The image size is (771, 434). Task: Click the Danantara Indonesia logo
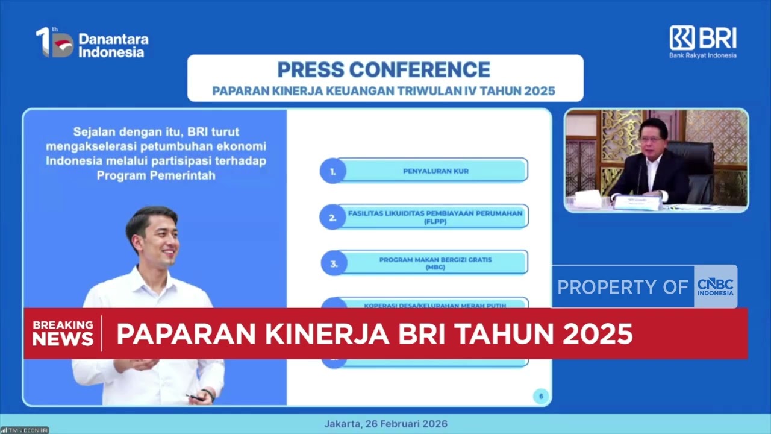click(x=92, y=43)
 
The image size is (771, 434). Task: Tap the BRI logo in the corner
click(x=702, y=41)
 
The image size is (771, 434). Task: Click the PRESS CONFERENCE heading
click(x=384, y=70)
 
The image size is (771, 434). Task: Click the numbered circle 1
click(x=332, y=171)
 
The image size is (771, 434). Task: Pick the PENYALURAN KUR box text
click(x=435, y=171)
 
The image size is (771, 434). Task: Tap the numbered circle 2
click(x=332, y=218)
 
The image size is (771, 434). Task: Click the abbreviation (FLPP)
click(x=435, y=221)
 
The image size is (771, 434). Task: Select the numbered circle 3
click(x=334, y=263)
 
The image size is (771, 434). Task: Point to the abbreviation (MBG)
click(x=435, y=267)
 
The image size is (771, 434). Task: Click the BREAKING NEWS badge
click(x=63, y=333)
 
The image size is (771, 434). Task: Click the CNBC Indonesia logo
click(x=715, y=287)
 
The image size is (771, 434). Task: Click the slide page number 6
click(x=540, y=396)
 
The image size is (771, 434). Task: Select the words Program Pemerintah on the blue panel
click(x=155, y=175)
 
